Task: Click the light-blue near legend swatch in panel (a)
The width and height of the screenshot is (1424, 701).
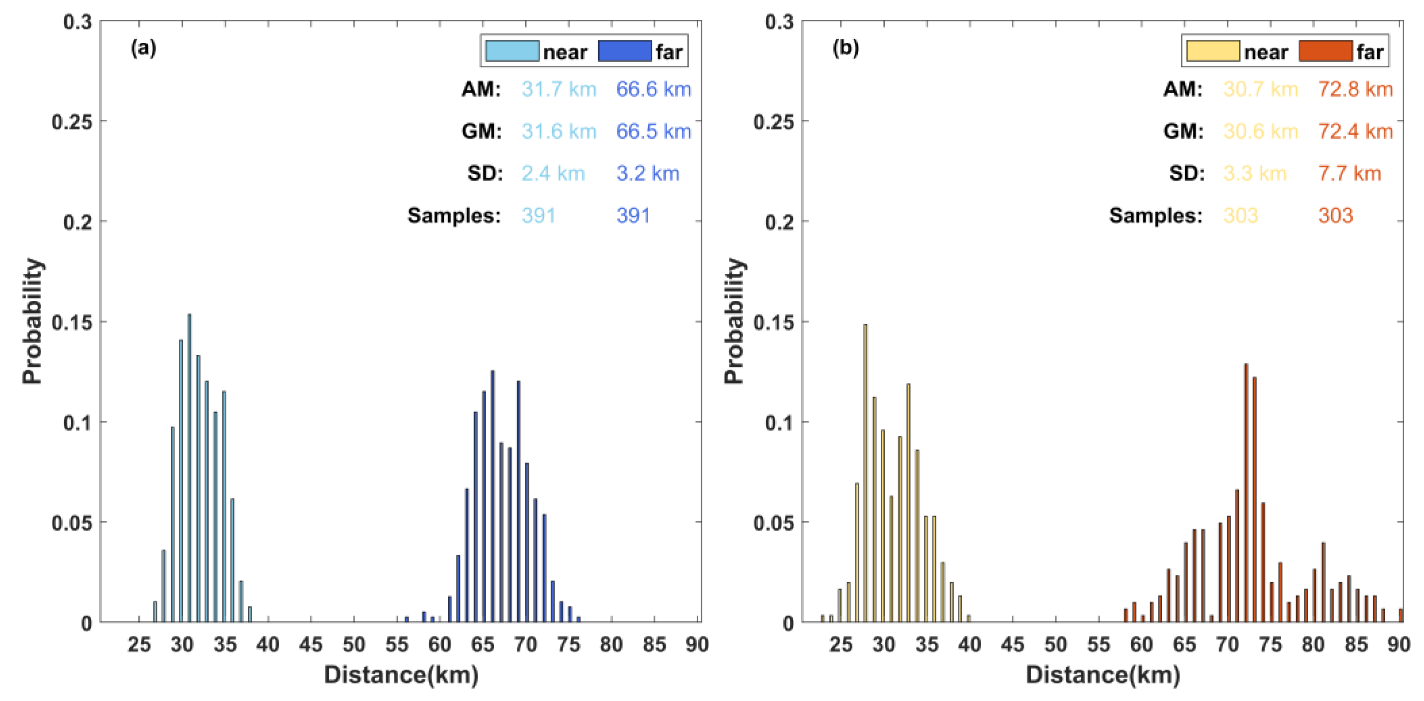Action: point(512,51)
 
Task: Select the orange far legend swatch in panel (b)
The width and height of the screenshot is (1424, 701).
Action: point(1325,51)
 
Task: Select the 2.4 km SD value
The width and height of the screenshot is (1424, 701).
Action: point(553,173)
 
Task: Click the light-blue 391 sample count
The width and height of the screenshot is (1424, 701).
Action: point(538,216)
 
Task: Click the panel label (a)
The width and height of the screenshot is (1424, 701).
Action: point(143,48)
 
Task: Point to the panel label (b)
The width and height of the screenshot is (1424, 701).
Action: point(845,48)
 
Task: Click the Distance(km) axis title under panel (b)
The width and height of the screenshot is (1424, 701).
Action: point(1103,675)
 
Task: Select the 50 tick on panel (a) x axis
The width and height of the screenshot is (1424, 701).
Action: point(354,644)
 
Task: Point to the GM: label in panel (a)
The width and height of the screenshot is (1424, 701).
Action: point(482,131)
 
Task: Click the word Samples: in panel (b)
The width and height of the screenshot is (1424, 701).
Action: point(1156,216)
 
